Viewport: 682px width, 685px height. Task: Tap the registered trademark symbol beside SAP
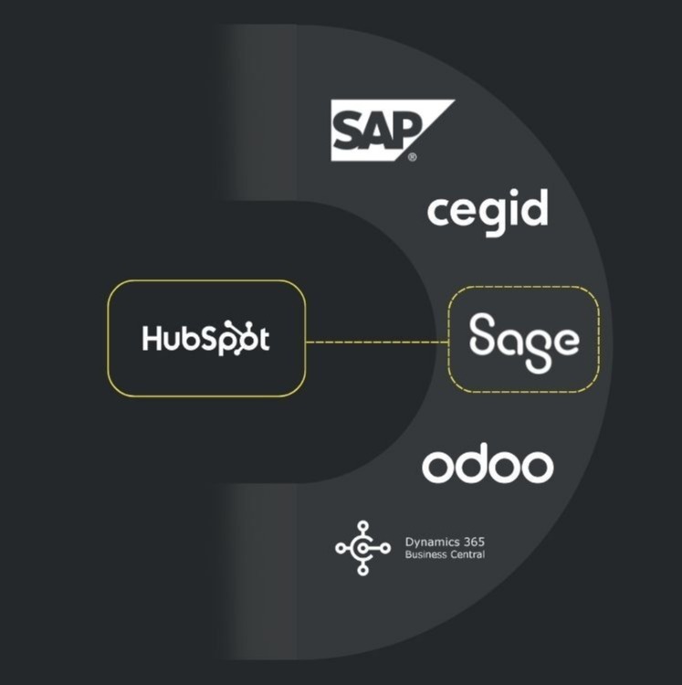click(413, 157)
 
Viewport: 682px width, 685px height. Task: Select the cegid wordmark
click(488, 211)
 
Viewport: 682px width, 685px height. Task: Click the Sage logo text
click(523, 340)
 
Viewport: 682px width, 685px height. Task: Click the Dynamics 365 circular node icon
click(362, 547)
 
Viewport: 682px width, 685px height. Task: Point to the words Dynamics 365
click(444, 542)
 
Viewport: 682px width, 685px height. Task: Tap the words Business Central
click(446, 554)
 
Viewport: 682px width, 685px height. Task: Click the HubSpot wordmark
click(205, 339)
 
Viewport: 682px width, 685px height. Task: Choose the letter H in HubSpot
click(152, 339)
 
